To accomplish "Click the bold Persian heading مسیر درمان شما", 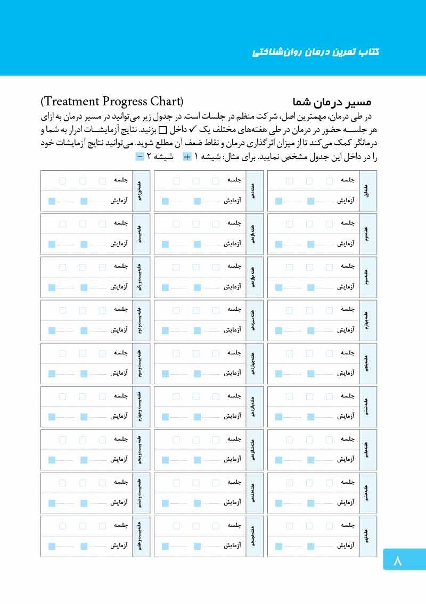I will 332,102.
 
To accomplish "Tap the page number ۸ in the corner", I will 398,560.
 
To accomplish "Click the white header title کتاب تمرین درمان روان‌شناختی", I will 316,52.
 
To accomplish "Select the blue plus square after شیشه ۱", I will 187,156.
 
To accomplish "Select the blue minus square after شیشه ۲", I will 140,156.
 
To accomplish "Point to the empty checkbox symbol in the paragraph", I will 163,130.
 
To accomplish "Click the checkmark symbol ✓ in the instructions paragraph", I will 193,129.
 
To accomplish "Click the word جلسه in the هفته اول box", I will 348,180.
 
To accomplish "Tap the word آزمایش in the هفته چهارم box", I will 346,330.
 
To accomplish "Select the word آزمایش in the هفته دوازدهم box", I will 232,287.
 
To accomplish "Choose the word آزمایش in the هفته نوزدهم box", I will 119,201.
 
